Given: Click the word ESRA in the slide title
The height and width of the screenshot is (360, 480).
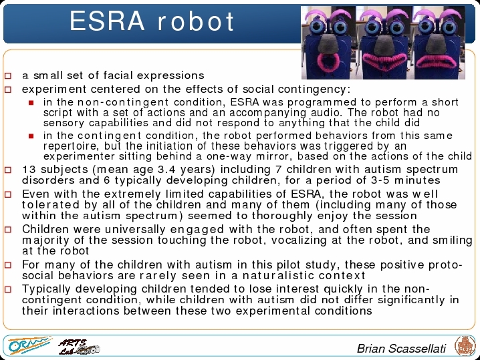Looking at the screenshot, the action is pyautogui.click(x=107, y=21).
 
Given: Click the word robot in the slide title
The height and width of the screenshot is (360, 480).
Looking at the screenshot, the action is pyautogui.click(x=196, y=21).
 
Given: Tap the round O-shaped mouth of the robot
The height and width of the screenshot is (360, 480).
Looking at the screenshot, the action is pyautogui.click(x=328, y=61).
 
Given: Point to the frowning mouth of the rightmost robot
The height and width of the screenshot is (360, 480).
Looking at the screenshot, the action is pyautogui.click(x=437, y=61).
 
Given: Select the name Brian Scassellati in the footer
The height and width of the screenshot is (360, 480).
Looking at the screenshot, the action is pyautogui.click(x=401, y=349).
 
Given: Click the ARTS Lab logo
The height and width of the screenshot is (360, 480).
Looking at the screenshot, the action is pyautogui.click(x=79, y=347).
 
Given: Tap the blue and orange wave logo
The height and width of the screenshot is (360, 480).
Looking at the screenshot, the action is pyautogui.click(x=29, y=345).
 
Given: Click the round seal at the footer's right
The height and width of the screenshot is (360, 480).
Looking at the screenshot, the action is pyautogui.click(x=465, y=346).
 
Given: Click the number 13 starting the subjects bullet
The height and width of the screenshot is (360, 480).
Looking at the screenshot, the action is pyautogui.click(x=29, y=169).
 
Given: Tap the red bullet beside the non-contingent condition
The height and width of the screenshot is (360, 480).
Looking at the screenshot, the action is pyautogui.click(x=31, y=103).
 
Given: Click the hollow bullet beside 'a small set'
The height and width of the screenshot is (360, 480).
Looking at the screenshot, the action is pyautogui.click(x=8, y=75).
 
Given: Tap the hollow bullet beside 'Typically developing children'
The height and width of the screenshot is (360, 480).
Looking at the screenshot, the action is pyautogui.click(x=8, y=289).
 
